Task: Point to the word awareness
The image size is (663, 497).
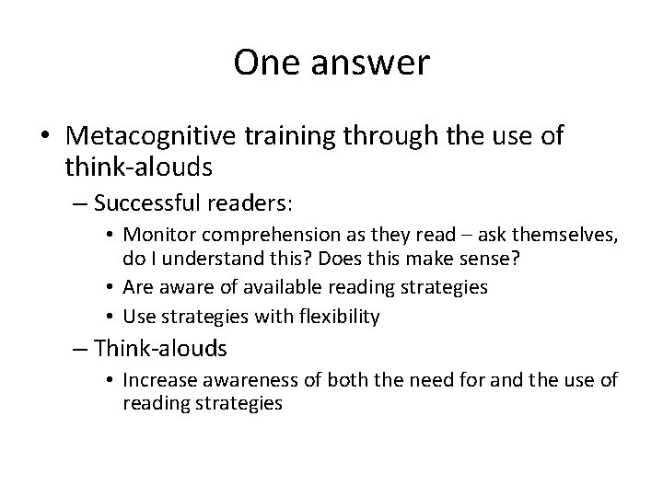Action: (262, 380)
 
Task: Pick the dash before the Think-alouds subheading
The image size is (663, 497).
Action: (79, 350)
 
